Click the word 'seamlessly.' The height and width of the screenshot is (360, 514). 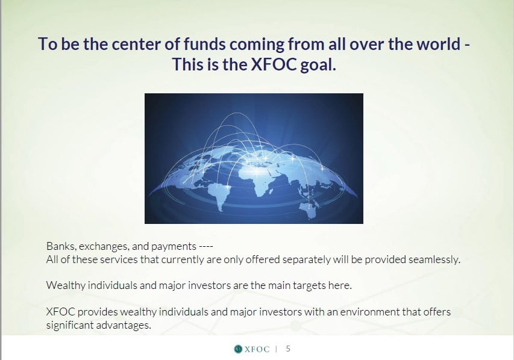pyautogui.click(x=434, y=259)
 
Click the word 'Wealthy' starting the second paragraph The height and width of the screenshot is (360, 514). pyautogui.click(x=66, y=285)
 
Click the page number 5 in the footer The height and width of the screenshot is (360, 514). pyautogui.click(x=288, y=349)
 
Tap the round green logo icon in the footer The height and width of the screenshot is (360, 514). pyautogui.click(x=238, y=349)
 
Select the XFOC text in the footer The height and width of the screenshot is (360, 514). pyautogui.click(x=257, y=349)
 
